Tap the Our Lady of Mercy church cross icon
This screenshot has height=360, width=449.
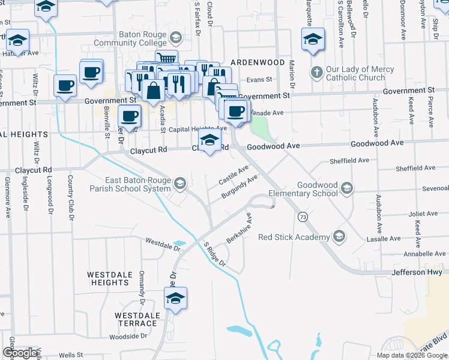click(x=317, y=73)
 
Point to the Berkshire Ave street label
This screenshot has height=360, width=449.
click(x=239, y=228)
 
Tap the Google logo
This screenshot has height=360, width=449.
click(x=20, y=353)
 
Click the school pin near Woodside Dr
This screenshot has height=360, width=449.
click(x=175, y=298)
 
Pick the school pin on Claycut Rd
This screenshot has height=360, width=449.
click(x=209, y=142)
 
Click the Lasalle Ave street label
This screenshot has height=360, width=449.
click(x=384, y=239)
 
